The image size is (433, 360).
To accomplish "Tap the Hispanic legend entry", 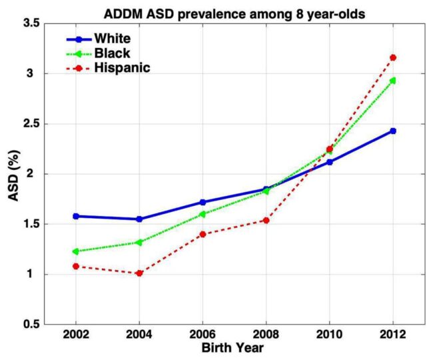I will pyautogui.click(x=123, y=67).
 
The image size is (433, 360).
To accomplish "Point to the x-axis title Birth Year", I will pyautogui.click(x=234, y=349).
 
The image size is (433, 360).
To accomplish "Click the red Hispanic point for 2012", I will pyautogui.click(x=393, y=57).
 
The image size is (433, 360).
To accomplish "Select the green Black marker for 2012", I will pyautogui.click(x=393, y=81).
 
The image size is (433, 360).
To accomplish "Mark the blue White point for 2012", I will pyautogui.click(x=393, y=131).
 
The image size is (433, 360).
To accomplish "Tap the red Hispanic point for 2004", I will pyautogui.click(x=139, y=273).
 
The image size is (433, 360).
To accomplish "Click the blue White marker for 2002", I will pyautogui.click(x=75, y=216).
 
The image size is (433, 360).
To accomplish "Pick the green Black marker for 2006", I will pyautogui.click(x=203, y=214).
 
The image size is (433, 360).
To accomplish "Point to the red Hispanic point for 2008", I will pyautogui.click(x=266, y=220).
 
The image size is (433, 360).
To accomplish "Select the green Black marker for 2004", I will pyautogui.click(x=139, y=242).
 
